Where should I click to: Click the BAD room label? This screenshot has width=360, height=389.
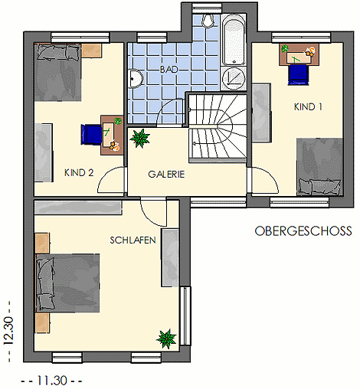169,70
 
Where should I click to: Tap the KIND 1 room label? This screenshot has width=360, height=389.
308,106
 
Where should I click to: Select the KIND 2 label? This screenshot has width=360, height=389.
79,173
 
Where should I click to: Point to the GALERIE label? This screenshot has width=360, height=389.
166,175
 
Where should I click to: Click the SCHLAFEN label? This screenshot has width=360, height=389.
133,240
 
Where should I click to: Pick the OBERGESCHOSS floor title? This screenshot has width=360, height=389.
303,231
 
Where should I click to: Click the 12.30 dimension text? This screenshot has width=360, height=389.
8,331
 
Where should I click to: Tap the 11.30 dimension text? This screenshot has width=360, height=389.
52,381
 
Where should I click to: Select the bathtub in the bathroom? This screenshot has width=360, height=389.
234,41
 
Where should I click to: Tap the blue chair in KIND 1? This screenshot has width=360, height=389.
298,75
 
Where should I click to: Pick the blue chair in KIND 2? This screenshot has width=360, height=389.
91,134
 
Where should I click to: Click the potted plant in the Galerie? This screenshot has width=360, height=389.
139,138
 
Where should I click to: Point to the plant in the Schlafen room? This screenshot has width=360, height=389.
167,338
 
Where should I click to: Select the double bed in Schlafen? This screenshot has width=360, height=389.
67,283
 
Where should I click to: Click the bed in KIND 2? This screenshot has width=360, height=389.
57,72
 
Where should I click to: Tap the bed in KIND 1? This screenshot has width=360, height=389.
319,167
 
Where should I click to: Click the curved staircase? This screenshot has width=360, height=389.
218,129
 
